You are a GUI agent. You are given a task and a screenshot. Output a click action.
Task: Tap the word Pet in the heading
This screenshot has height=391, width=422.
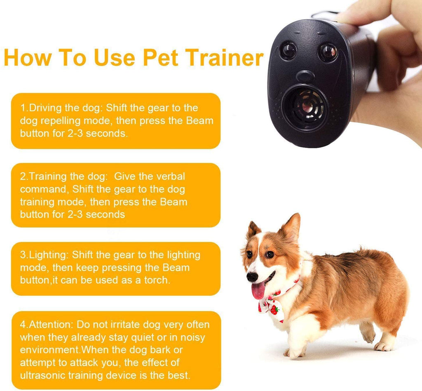tap(160, 57)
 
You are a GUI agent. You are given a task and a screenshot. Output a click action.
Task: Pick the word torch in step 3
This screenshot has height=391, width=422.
tap(157, 280)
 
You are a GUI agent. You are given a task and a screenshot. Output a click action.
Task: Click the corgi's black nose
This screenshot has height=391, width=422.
tap(252, 277)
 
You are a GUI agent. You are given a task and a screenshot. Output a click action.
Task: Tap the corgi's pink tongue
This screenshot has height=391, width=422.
tap(258, 290)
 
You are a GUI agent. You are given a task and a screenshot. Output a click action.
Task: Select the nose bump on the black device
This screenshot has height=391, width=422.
tap(305, 76)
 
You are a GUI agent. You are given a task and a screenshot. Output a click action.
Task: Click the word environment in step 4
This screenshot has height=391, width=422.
tap(50, 350)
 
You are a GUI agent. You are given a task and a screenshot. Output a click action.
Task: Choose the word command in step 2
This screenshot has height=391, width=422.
tap(43, 189)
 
